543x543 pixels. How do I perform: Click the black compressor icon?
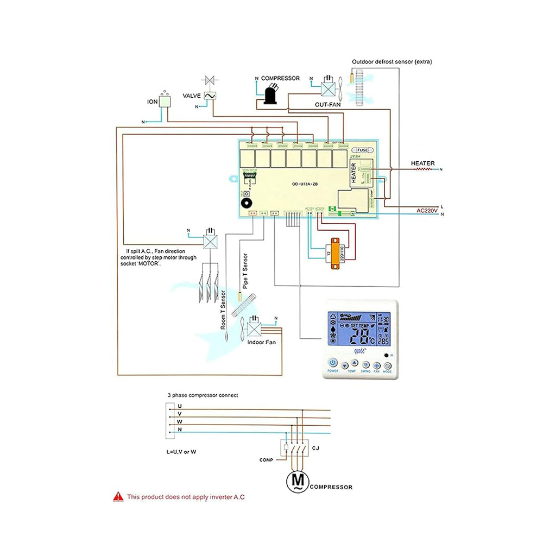(269, 96)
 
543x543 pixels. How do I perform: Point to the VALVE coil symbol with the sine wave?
(210, 96)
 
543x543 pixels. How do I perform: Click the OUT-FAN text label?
(328, 105)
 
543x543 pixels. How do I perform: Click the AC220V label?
(427, 210)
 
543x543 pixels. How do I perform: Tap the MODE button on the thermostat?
(387, 365)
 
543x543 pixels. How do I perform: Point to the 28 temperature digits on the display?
(359, 338)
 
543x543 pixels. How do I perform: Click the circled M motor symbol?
(298, 479)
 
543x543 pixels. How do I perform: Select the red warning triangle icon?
(118, 496)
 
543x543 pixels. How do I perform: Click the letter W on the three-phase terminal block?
(180, 422)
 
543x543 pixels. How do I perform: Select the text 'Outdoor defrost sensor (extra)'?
(392, 62)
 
